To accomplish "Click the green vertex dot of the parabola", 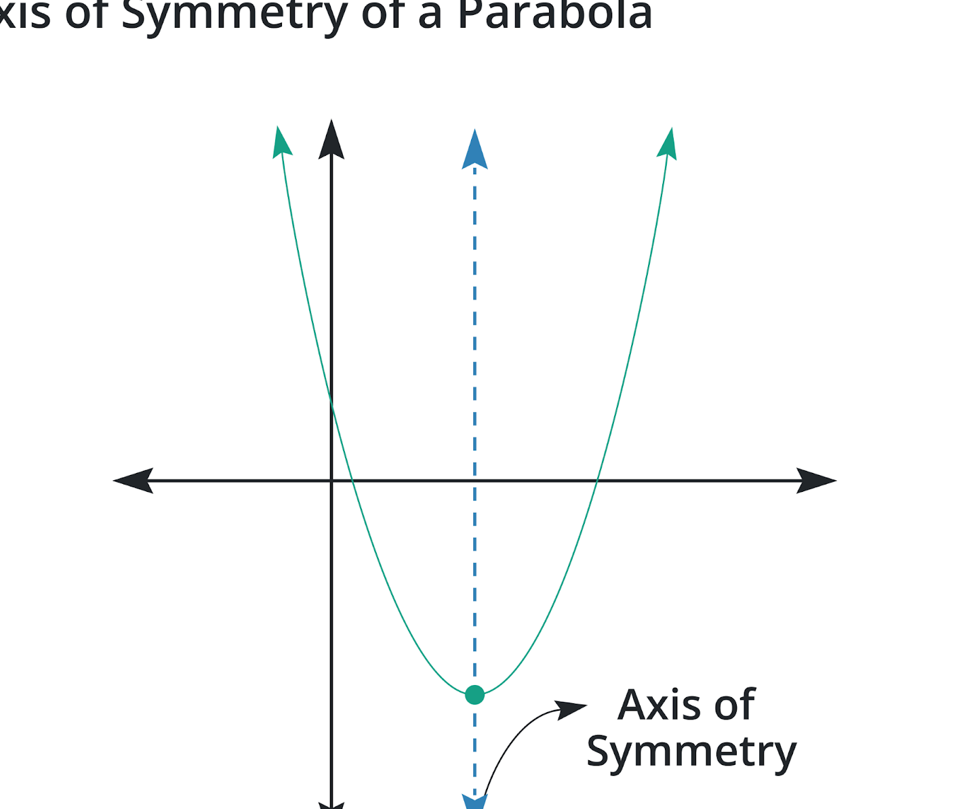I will click(x=474, y=694).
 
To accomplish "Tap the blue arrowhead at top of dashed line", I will click(x=474, y=150).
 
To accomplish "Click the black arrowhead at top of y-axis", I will click(x=331, y=140).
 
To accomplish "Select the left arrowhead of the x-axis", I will click(x=134, y=480).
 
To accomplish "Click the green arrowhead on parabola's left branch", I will click(x=281, y=142).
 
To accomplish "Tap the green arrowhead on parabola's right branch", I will click(x=668, y=144).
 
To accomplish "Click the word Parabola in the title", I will click(x=554, y=15).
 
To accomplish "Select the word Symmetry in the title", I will click(x=235, y=15).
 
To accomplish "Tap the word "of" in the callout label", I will click(x=734, y=705).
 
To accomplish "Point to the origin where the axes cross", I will click(x=331, y=480).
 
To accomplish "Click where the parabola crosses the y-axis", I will click(x=331, y=402).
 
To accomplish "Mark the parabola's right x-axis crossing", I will click(x=597, y=480).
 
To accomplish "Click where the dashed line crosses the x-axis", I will click(x=474, y=480).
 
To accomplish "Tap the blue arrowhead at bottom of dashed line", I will click(x=474, y=802).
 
